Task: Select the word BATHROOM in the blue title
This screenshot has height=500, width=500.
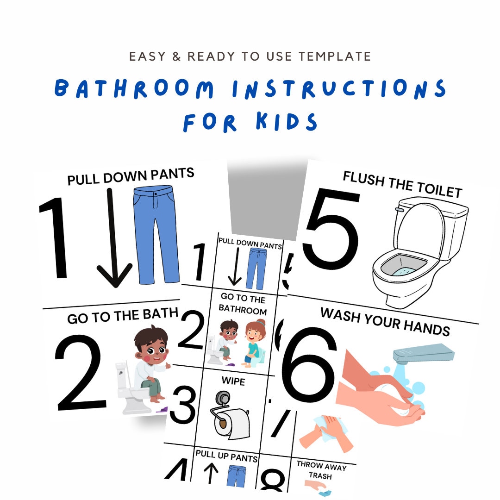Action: (134, 88)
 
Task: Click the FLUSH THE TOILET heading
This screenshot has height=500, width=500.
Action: (402, 184)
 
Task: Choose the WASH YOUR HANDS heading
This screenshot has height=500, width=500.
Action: (385, 321)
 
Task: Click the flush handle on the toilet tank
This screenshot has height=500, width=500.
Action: (399, 209)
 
